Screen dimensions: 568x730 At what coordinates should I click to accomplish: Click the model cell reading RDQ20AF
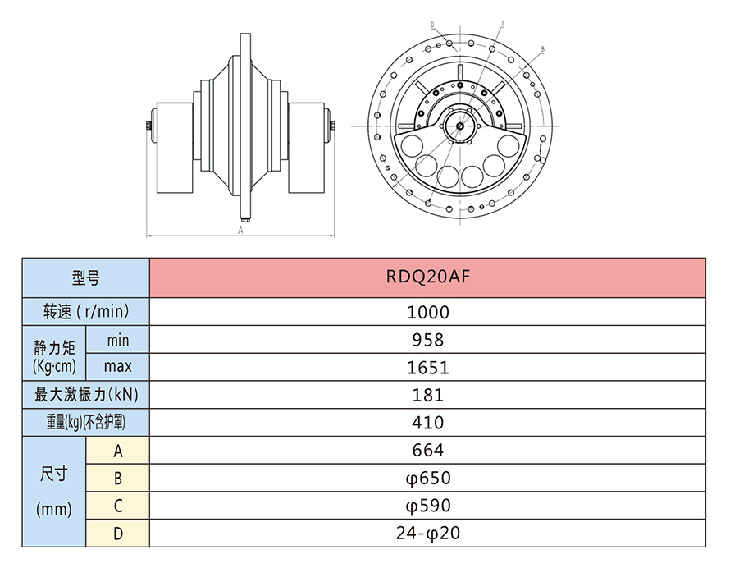click(427, 277)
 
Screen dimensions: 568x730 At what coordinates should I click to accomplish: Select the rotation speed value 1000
click(427, 312)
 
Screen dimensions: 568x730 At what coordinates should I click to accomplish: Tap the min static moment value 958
click(427, 340)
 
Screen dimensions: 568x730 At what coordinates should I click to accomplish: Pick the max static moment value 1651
click(427, 367)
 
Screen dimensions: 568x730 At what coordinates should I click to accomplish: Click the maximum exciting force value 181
click(427, 395)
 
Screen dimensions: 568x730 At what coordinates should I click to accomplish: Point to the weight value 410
click(427, 423)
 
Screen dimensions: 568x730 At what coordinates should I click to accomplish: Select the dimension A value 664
click(427, 450)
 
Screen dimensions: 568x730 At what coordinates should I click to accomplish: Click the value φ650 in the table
click(427, 478)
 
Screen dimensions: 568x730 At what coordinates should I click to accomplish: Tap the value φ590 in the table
click(427, 506)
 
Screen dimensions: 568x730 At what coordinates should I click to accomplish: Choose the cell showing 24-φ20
click(427, 534)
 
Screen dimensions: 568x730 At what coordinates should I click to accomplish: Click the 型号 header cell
click(85, 278)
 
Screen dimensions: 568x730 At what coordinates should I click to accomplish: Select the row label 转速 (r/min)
click(85, 312)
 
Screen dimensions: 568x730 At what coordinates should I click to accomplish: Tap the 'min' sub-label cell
click(117, 340)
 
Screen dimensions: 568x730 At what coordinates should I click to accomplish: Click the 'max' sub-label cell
click(117, 367)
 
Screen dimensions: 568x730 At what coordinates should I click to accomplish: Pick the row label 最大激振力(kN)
click(85, 395)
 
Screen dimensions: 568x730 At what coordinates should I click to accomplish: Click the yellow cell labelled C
click(117, 506)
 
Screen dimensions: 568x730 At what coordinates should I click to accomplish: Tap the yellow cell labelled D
click(117, 534)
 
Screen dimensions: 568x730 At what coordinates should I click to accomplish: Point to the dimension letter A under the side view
click(240, 231)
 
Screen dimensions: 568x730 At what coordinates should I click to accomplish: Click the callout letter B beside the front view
click(543, 50)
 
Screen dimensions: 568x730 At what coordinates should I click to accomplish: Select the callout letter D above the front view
click(432, 25)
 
